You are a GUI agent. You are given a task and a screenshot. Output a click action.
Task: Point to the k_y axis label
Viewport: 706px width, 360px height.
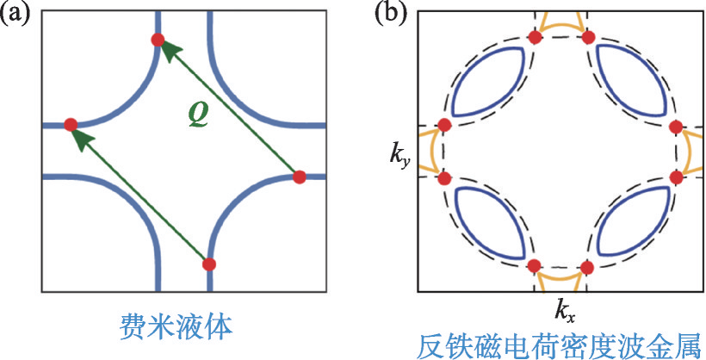coord(399,155)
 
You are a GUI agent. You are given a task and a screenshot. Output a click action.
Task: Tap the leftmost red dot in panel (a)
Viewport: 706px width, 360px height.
coord(71,125)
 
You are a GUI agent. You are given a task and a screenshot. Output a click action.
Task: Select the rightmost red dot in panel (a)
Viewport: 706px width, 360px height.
coord(300,177)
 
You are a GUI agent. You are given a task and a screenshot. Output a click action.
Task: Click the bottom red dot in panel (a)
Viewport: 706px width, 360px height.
coord(208,264)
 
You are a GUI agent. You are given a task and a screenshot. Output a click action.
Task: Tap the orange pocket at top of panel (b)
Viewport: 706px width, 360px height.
coord(560,28)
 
